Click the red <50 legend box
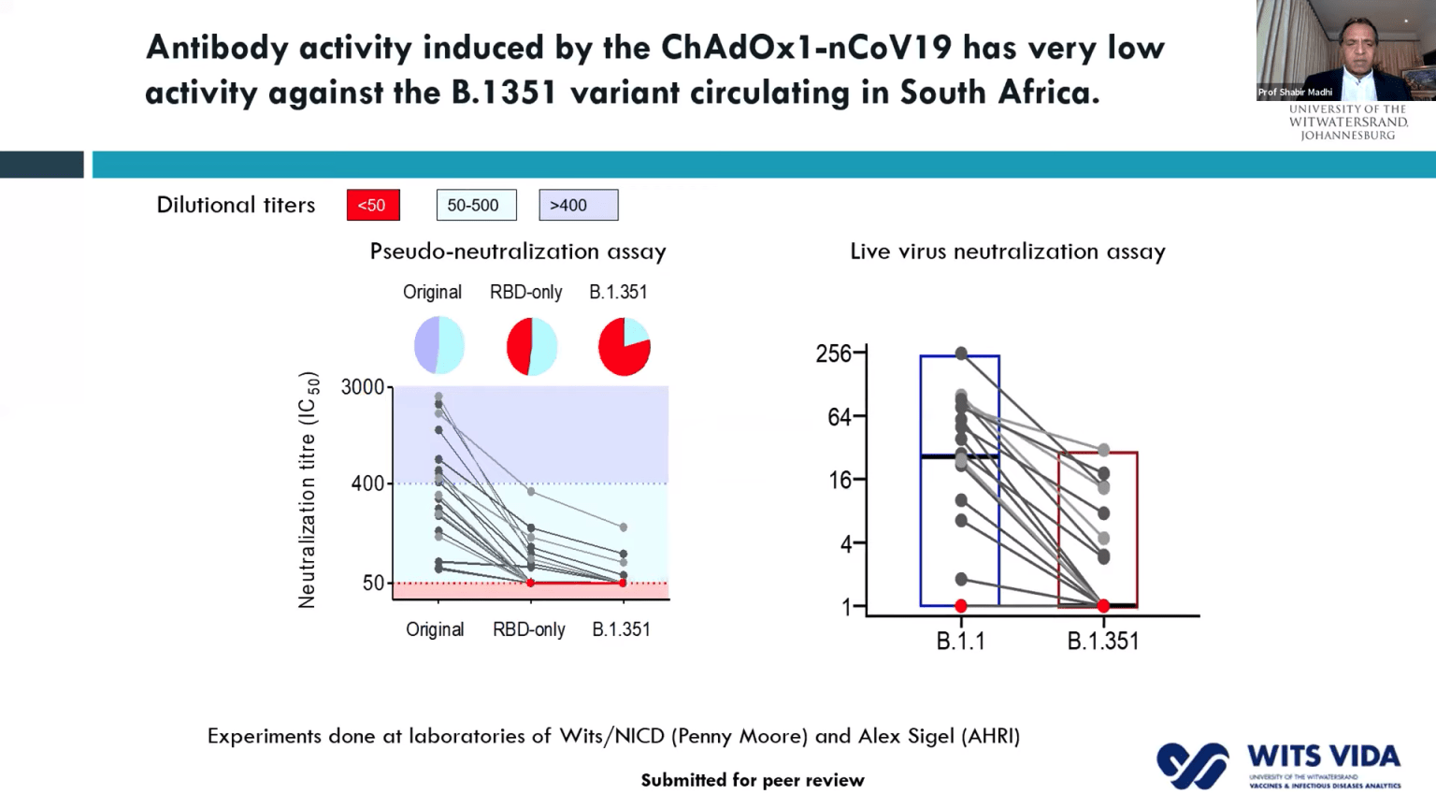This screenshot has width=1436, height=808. [373, 205]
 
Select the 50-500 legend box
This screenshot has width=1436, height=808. [476, 205]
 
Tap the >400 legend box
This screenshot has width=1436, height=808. [578, 205]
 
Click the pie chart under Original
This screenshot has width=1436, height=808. [438, 345]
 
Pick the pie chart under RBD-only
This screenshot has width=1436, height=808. [532, 346]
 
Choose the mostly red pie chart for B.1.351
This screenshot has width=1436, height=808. [624, 346]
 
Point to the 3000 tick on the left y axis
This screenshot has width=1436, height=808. [363, 387]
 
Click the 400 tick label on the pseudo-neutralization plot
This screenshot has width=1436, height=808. [367, 483]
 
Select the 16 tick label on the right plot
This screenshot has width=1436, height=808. [840, 480]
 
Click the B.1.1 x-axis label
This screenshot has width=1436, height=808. [960, 642]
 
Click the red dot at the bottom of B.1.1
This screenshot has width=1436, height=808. [961, 606]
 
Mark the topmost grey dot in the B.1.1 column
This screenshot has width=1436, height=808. [961, 353]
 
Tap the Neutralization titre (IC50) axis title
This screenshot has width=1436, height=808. [308, 490]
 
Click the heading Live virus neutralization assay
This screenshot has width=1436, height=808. [1007, 252]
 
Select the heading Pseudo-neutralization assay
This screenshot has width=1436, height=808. [517, 252]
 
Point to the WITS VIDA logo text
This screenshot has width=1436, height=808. [1323, 756]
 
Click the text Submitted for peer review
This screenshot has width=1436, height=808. [752, 780]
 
